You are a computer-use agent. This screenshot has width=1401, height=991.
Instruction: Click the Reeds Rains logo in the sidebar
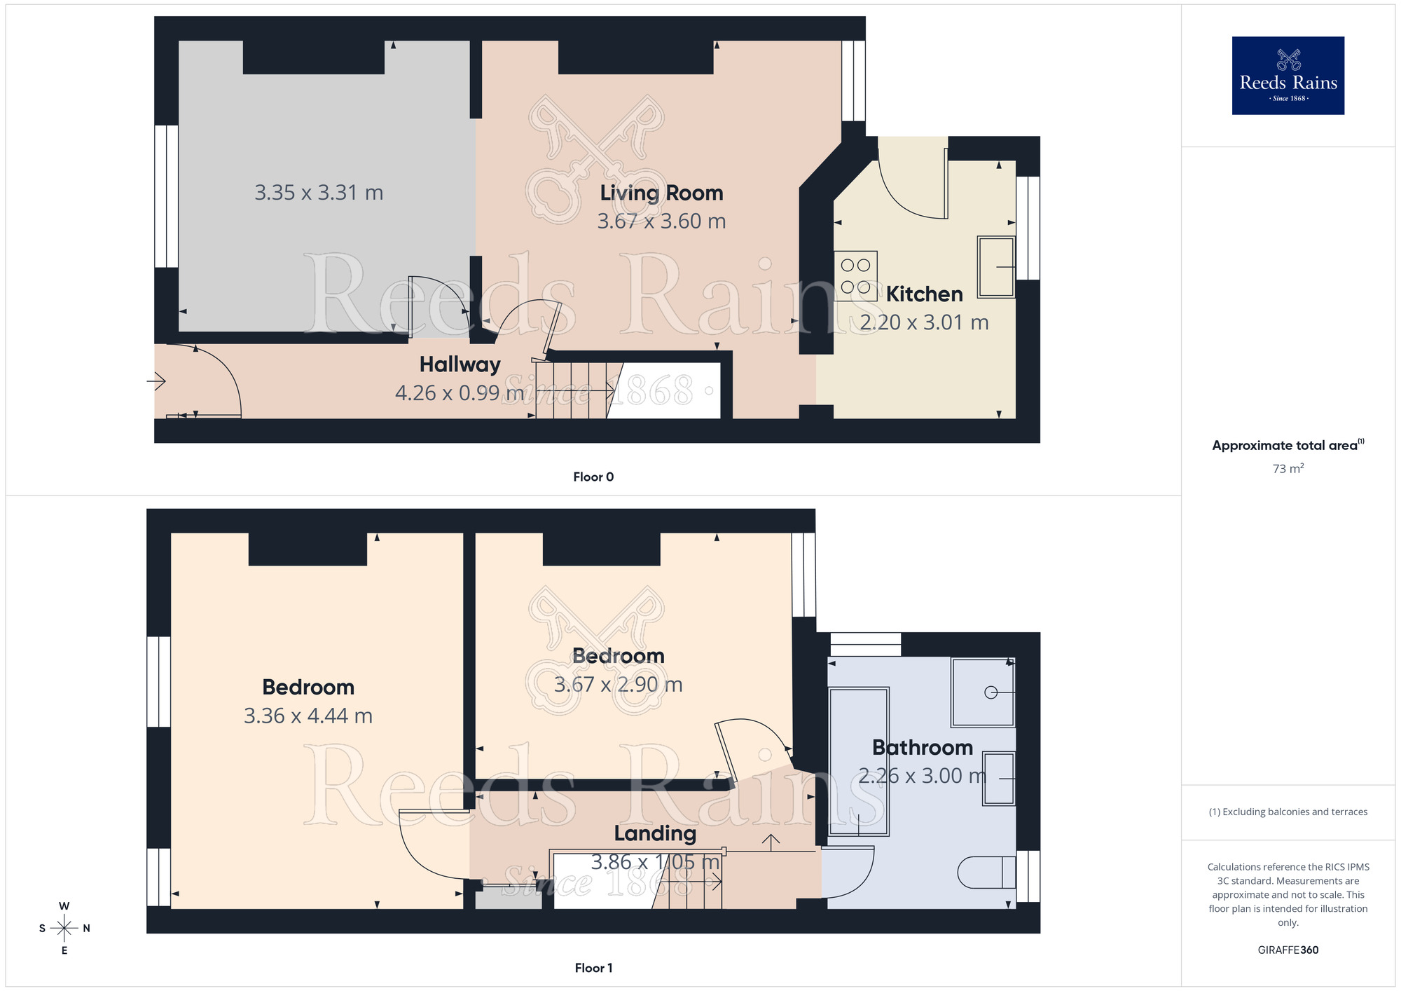pyautogui.click(x=1288, y=76)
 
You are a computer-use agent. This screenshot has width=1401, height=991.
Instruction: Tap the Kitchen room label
pyautogui.click(x=924, y=294)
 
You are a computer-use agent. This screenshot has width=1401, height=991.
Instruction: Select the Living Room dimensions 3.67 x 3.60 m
pyautogui.click(x=661, y=221)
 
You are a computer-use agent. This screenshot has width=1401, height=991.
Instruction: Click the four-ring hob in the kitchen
pyautogui.click(x=855, y=276)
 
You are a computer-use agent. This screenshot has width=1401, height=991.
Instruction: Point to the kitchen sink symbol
pyautogui.click(x=996, y=267)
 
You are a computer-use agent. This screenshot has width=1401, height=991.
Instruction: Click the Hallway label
pyautogui.click(x=460, y=364)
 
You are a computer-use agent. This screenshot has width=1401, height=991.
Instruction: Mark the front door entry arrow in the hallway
pyautogui.click(x=156, y=382)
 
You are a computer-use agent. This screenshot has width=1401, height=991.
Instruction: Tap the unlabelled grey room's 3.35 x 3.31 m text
pyautogui.click(x=319, y=193)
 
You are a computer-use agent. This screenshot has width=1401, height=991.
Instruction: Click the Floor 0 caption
pyautogui.click(x=593, y=477)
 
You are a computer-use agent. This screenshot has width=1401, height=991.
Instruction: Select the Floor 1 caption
pyautogui.click(x=593, y=968)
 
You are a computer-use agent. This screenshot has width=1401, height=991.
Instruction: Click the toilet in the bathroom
pyautogui.click(x=986, y=873)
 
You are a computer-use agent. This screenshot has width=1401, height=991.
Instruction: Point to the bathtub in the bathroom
pyautogui.click(x=859, y=762)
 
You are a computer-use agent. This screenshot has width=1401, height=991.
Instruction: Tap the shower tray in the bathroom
pyautogui.click(x=983, y=692)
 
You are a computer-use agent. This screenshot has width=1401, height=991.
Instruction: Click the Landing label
pyautogui.click(x=655, y=833)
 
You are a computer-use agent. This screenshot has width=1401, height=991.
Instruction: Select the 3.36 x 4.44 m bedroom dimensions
pyautogui.click(x=308, y=716)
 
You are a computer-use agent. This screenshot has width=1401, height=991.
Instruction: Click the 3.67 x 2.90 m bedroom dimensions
pyautogui.click(x=618, y=685)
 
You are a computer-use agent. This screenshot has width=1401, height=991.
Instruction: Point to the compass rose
pyautogui.click(x=64, y=929)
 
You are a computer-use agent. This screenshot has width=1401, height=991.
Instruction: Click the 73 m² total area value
pyautogui.click(x=1288, y=469)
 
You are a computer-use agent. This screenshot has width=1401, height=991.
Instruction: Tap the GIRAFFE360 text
pyautogui.click(x=1288, y=950)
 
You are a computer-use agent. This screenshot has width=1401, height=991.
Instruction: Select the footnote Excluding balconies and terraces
pyautogui.click(x=1288, y=812)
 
